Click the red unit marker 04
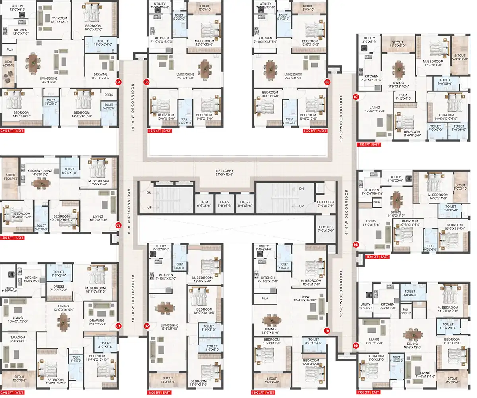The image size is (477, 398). click(118, 82)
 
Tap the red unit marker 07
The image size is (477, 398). click(356, 97)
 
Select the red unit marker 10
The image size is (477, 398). click(327, 330)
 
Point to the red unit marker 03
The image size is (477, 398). click(118, 225)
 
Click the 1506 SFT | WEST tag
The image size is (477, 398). click(12, 238)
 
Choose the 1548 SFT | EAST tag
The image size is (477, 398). click(376, 257)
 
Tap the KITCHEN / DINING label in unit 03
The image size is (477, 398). click(39, 172)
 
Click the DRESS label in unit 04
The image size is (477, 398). click(109, 95)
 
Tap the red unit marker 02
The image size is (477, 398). click(147, 326)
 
